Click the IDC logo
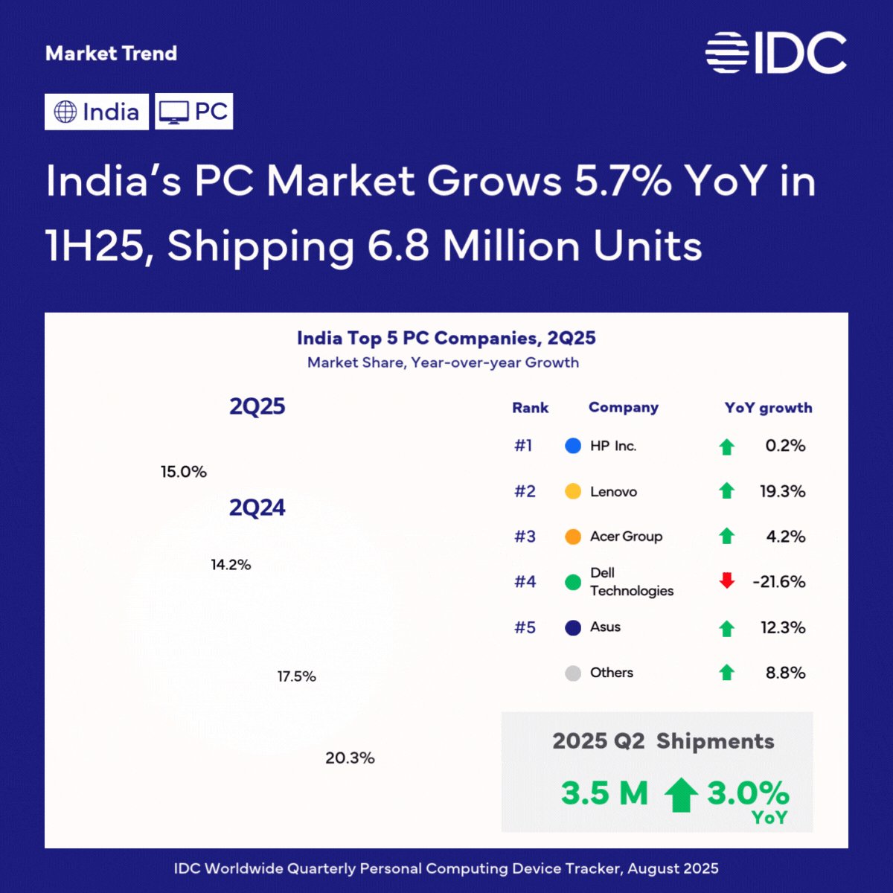pos(775,53)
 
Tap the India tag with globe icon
pos(97,112)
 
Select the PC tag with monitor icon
pos(193,111)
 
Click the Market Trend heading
pos(111,54)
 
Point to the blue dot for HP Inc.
pos(573,446)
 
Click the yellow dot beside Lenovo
pos(573,491)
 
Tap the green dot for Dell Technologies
pos(573,582)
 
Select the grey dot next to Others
pos(573,673)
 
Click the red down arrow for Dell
pos(726,580)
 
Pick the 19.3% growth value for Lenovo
pos(782,491)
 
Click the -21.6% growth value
pos(779,582)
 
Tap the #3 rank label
pos(525,537)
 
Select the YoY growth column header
pos(768,408)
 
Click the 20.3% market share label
pos(350,758)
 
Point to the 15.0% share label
pos(184,472)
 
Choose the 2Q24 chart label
pos(257,508)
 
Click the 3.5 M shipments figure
pos(604,793)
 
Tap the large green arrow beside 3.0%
pos(681,795)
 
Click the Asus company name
pos(605,627)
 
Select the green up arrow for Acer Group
pos(726,536)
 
